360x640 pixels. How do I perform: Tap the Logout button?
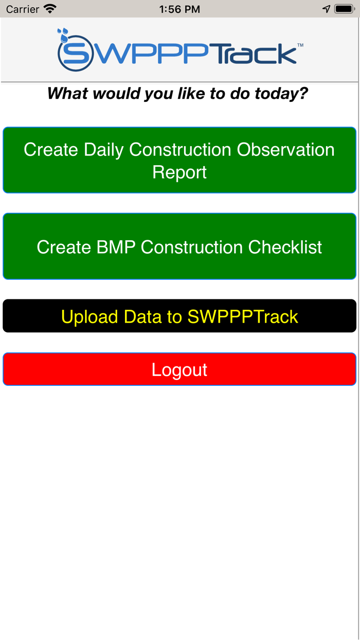click(x=179, y=369)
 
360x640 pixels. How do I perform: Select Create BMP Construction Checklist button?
click(x=179, y=247)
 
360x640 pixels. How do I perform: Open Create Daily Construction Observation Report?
click(x=179, y=160)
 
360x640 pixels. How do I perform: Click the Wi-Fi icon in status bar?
click(x=50, y=9)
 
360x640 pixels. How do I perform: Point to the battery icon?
click(x=344, y=9)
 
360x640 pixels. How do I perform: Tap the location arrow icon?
click(x=326, y=9)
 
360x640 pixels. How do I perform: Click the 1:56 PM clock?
click(x=179, y=9)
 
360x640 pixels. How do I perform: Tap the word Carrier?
click(x=23, y=9)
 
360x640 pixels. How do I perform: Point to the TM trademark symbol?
click(x=300, y=46)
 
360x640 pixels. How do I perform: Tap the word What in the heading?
click(x=67, y=94)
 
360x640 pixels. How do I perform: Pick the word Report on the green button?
click(x=179, y=172)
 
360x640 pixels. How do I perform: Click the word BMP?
click(x=116, y=247)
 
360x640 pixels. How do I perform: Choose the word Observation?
click(x=285, y=149)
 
